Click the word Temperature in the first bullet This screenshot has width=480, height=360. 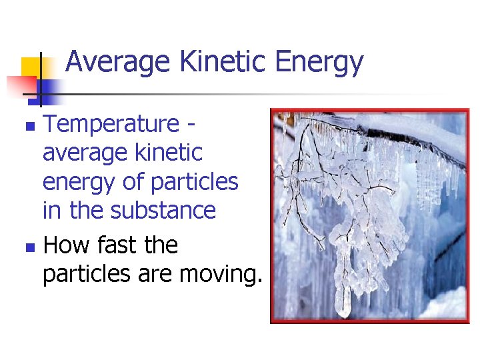point(110,124)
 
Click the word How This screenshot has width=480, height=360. point(65,245)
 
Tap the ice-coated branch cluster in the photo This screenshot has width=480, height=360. point(347,200)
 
